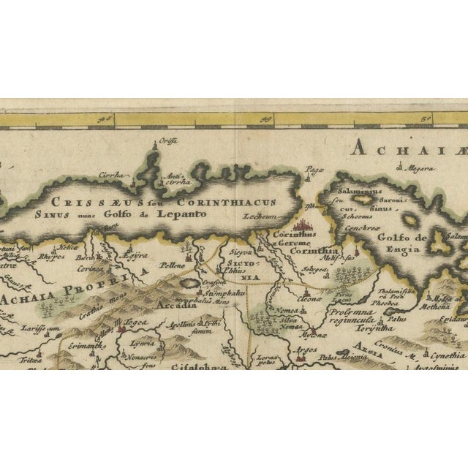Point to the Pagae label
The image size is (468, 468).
point(315,169)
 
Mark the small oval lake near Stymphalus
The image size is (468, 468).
point(189,282)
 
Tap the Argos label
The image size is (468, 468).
point(306,352)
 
